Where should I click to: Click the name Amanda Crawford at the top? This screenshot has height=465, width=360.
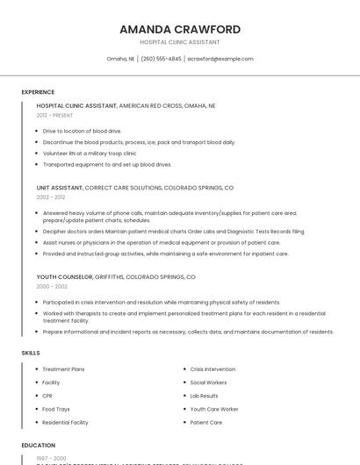(179, 29)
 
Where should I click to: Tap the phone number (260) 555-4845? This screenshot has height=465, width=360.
(161, 59)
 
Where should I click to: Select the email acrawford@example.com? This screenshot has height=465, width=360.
(220, 59)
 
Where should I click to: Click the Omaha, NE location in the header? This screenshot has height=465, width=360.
(120, 59)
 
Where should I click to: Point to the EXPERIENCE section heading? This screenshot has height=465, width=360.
(38, 92)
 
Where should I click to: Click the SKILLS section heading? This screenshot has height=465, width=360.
(31, 353)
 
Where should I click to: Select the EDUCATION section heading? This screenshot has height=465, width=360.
(39, 446)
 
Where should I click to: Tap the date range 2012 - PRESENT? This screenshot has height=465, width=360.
(54, 115)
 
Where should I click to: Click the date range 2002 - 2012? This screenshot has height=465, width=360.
(51, 197)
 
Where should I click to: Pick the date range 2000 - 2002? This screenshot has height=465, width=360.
(51, 286)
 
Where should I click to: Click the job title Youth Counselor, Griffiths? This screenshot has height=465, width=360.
(116, 276)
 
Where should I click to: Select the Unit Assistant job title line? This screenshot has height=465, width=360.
(135, 188)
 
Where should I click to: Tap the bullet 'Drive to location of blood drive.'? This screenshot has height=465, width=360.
(82, 131)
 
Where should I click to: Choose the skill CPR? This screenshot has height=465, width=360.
(47, 396)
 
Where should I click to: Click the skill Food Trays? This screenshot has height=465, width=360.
(55, 409)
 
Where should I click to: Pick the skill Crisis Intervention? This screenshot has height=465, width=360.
(212, 369)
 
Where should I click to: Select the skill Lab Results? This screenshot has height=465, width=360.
(204, 396)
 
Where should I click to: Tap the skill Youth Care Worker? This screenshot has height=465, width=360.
(214, 409)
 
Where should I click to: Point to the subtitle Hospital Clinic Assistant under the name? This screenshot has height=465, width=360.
(179, 42)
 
